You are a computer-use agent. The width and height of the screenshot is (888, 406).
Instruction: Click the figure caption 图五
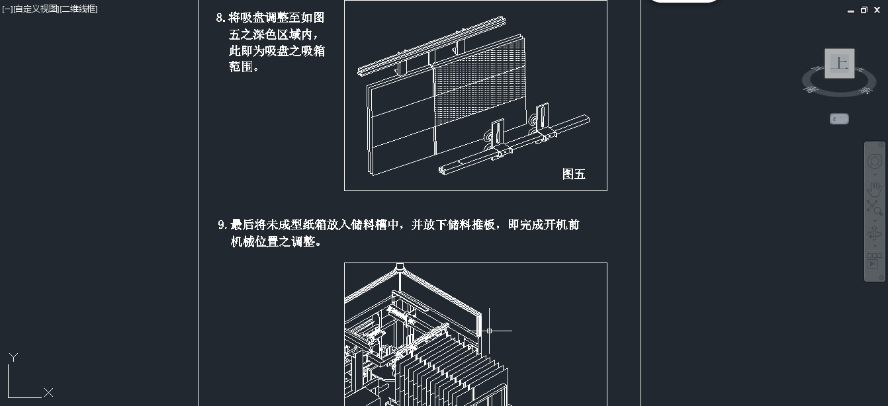pos(574,174)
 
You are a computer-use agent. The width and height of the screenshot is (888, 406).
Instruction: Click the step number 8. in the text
pos(221,18)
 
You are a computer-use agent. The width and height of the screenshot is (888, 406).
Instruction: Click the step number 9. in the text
pos(223,225)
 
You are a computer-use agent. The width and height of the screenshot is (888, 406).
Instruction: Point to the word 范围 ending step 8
pos(241,67)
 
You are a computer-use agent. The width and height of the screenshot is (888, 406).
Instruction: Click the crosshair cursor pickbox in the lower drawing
pos(489,331)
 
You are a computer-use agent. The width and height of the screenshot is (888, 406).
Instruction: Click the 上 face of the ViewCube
pos(839,63)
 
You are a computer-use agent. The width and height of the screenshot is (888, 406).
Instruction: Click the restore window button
pos(864,10)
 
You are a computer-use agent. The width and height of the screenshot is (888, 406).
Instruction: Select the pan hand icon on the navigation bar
pos(874,189)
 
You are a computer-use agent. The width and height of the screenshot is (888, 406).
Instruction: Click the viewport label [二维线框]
pos(79,9)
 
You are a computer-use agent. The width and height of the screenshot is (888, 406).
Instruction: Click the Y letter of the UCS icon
pos(13,357)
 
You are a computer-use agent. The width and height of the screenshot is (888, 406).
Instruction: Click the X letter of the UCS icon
pos(48,393)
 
